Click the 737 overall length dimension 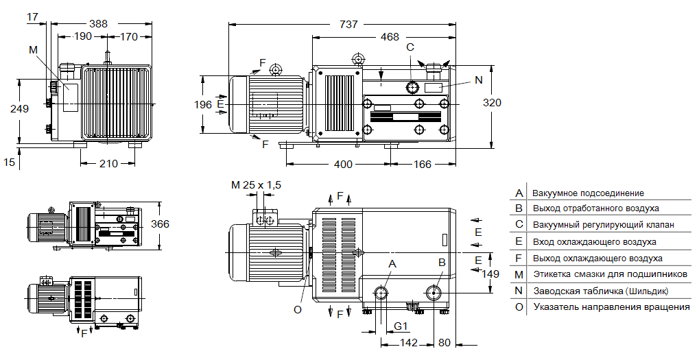[348, 24]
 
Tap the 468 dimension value [390, 37]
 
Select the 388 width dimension [98, 24]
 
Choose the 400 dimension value [344, 165]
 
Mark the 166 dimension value [423, 165]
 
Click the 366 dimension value [160, 224]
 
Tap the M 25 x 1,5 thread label [256, 185]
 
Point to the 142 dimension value [409, 341]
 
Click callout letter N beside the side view [478, 80]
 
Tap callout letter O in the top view [298, 309]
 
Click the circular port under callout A [381, 293]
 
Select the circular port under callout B [433, 293]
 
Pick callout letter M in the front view [34, 49]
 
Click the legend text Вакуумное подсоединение [589, 193]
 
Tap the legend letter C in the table [519, 225]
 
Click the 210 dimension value [108, 163]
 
